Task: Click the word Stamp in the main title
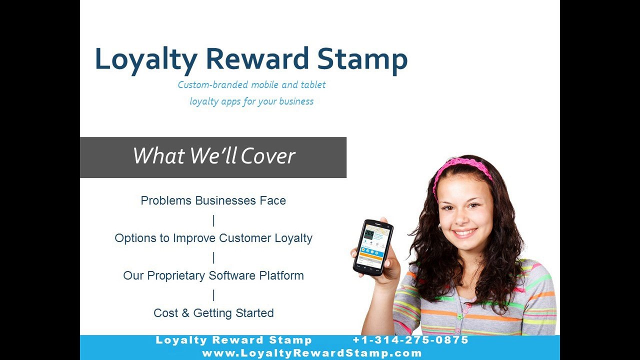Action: (362, 59)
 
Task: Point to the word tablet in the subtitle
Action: (313, 84)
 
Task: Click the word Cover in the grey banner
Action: (267, 156)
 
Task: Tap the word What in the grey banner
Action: (159, 156)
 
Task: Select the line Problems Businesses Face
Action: (213, 200)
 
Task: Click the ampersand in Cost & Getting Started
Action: (185, 313)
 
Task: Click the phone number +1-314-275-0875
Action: (410, 340)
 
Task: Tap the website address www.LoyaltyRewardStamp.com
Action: (312, 353)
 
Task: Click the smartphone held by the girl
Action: (373, 246)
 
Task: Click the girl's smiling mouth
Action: (465, 232)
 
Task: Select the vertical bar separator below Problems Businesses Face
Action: (213, 220)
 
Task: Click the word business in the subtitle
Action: (296, 101)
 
